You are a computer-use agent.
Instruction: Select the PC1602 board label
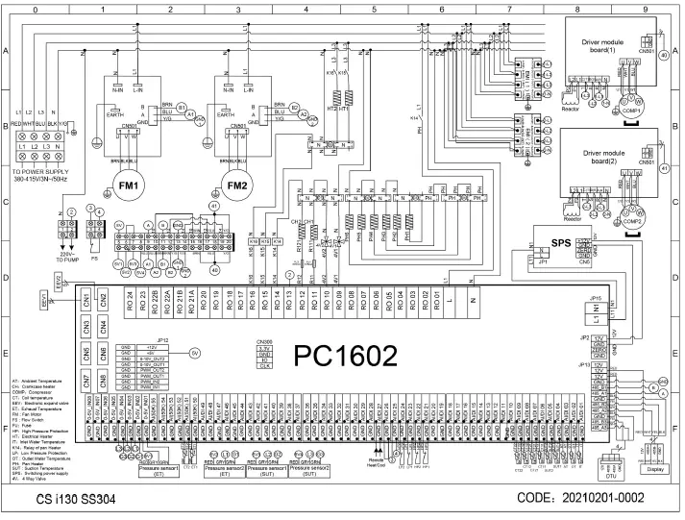(x=346, y=356)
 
